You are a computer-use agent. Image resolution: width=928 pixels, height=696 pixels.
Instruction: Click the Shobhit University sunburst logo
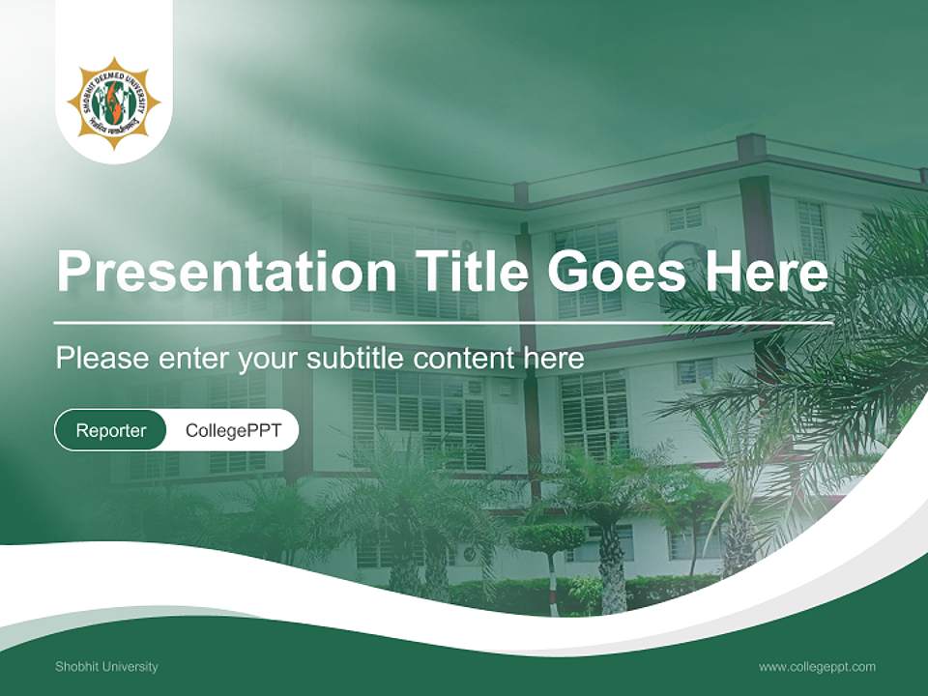[113, 103]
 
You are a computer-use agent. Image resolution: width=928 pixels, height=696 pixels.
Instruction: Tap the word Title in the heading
[472, 272]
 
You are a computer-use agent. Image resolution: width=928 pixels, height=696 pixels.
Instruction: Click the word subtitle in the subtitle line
[356, 359]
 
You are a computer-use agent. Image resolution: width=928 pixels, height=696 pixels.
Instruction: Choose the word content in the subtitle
[465, 359]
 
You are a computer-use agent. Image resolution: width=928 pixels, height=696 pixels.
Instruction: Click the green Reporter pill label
[111, 430]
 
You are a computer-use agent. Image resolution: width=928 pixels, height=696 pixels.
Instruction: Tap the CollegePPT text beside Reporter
[233, 430]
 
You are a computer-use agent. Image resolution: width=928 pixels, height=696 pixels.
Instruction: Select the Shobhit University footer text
[106, 667]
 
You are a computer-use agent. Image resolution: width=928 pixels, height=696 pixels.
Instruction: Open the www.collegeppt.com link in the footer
[817, 667]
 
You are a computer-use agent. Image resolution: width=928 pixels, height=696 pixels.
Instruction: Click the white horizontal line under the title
[443, 323]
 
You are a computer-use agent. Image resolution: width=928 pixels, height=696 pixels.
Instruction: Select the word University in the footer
[128, 667]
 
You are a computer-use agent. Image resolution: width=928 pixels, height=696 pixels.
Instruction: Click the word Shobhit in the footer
[75, 667]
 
